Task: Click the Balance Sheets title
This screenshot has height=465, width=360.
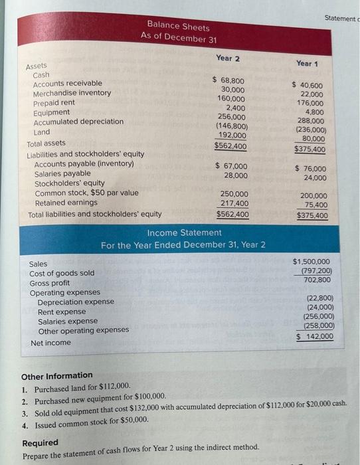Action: (178, 27)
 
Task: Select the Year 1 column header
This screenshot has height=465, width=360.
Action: (308, 63)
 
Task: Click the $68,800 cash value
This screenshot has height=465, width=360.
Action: (228, 80)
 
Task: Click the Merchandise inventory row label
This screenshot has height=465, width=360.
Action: (72, 93)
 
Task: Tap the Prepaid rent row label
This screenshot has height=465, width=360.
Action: (54, 103)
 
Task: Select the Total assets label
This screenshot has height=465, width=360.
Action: (46, 143)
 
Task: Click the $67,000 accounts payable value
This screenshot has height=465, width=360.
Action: (231, 166)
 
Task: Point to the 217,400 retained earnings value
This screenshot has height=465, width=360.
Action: (234, 204)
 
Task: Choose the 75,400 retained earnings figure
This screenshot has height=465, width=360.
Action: (314, 206)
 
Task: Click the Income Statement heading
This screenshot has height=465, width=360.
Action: (184, 232)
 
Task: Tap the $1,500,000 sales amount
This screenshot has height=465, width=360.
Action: (313, 262)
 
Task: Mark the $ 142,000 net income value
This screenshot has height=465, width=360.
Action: (315, 337)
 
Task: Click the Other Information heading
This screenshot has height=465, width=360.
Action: (57, 375)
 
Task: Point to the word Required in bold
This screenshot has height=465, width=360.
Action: (41, 443)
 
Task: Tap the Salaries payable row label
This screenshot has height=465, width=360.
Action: (62, 173)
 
